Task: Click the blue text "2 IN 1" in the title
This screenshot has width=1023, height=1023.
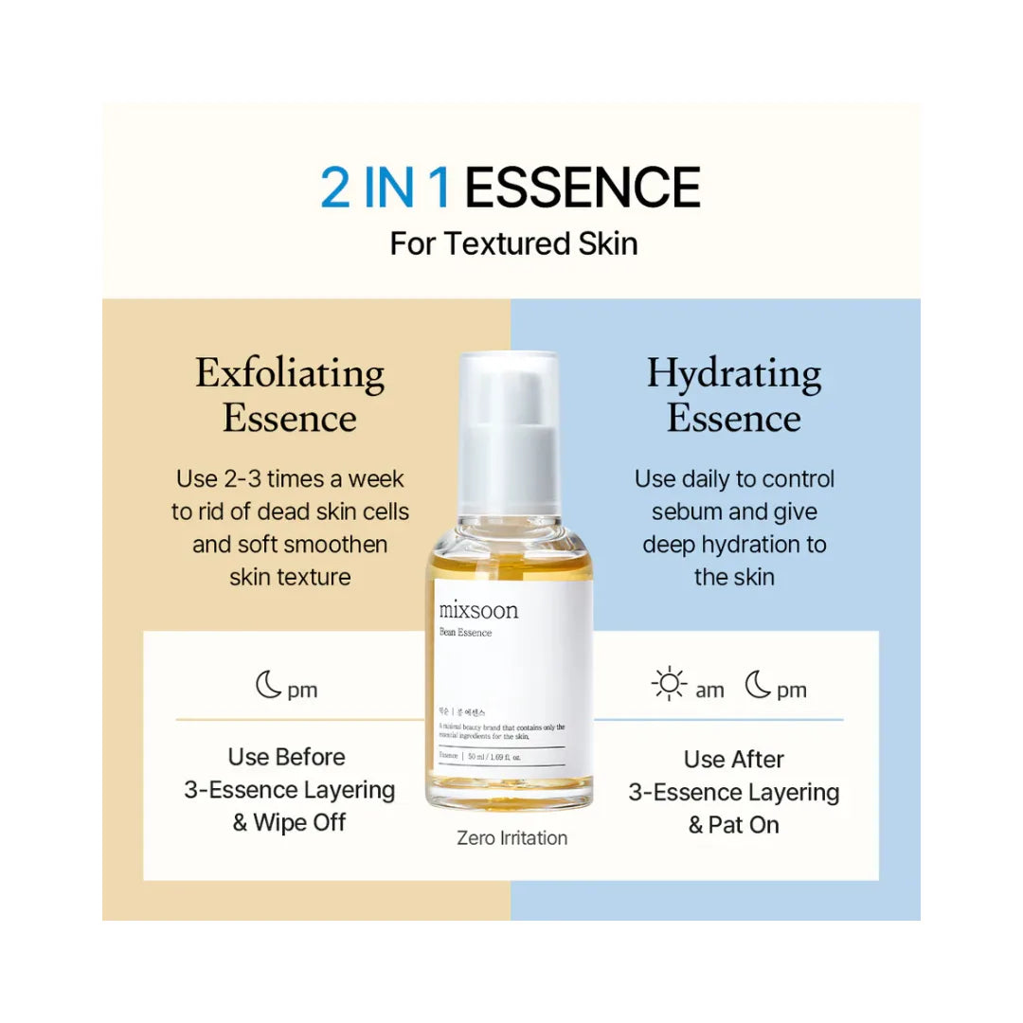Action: (x=386, y=187)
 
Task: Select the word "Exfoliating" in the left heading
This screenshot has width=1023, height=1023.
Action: (x=290, y=373)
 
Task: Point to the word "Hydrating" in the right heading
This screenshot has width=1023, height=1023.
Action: (x=734, y=373)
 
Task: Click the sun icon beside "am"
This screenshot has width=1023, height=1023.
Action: (x=670, y=686)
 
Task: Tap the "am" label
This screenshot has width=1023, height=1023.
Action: (x=709, y=691)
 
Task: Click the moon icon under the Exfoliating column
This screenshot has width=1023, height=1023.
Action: (x=268, y=686)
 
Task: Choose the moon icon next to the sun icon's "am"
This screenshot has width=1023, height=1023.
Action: (x=757, y=686)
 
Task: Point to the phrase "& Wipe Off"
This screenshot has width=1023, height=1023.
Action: (x=290, y=822)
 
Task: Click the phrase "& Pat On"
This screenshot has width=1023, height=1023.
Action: (x=734, y=824)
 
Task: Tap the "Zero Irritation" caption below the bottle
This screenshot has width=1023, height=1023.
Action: (x=511, y=838)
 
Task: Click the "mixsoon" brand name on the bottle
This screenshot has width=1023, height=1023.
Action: (x=478, y=610)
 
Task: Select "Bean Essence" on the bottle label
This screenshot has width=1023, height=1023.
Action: (x=466, y=633)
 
